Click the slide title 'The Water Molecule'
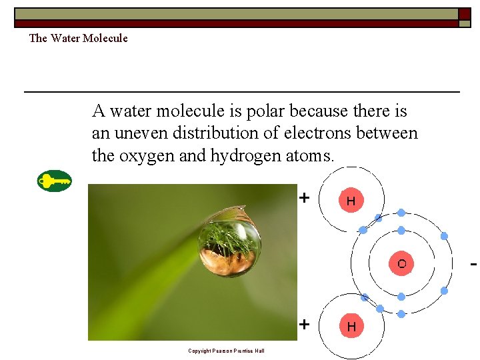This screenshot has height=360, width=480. point(78,38)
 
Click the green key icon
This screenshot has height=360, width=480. point(54,181)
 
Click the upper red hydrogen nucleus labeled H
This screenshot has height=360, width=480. point(351,200)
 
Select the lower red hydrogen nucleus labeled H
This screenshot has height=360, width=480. point(351,327)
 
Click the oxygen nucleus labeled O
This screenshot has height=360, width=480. point(401,263)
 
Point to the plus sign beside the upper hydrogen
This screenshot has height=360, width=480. point(304,198)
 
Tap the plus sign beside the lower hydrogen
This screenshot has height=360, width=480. point(304,325)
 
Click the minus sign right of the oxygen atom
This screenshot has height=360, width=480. point(473,265)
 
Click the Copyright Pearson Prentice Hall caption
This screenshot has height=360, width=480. point(226,351)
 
